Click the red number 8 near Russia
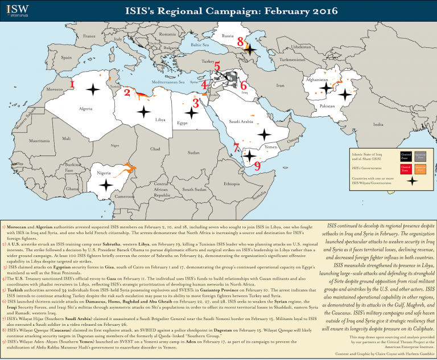(x=241, y=42)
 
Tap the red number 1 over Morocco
(x=72, y=84)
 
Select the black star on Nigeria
(x=105, y=184)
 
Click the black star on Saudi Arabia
(x=263, y=133)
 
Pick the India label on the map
(x=378, y=124)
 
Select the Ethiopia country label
(x=232, y=184)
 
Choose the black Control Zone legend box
(x=406, y=154)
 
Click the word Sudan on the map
(x=193, y=153)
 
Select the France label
(x=89, y=36)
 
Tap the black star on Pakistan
(x=344, y=95)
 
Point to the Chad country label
(x=155, y=149)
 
